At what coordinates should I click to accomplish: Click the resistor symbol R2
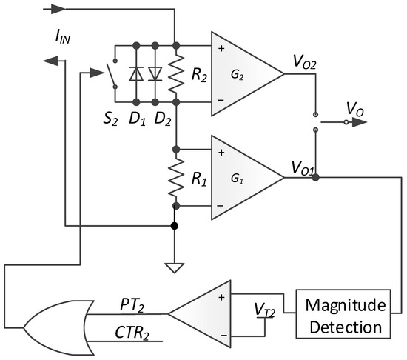175,73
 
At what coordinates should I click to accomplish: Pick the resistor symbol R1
175,178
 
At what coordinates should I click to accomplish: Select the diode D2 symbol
155,73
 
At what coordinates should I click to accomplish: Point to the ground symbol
175,266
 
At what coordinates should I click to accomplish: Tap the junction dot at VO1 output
316,178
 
